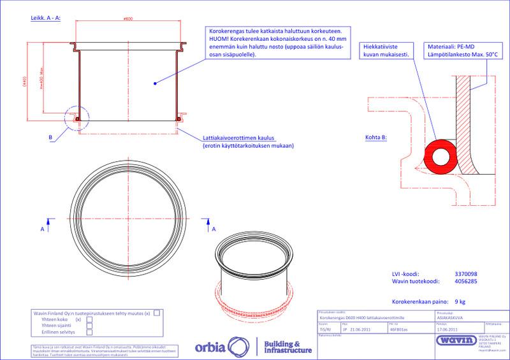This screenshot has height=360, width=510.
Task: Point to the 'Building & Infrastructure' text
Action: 287,348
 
